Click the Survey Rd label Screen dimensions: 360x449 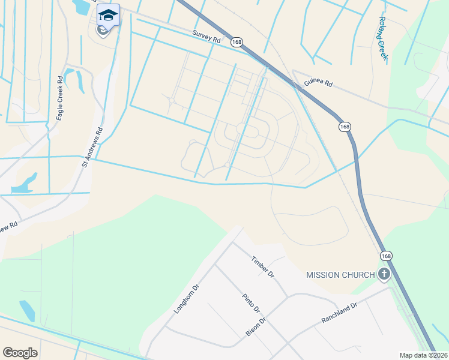point(207,37)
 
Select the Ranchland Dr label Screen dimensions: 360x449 point(339,313)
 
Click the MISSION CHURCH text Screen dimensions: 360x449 point(340,275)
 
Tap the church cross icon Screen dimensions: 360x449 point(384,275)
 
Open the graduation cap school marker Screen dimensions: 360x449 point(108,15)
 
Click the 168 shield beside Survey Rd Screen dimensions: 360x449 point(238,42)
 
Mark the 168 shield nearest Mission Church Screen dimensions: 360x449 point(385,256)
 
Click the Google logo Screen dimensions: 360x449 point(20,352)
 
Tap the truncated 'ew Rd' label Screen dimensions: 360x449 point(8,227)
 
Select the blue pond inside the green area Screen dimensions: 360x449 point(27,310)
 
